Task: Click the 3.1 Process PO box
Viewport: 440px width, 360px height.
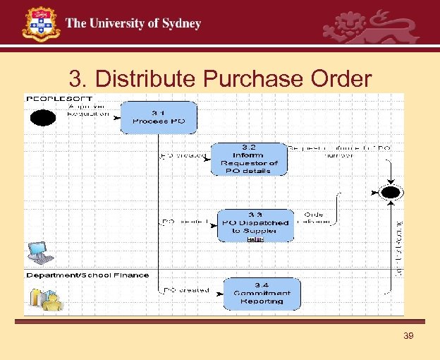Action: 159,117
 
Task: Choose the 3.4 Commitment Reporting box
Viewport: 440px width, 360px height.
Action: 262,293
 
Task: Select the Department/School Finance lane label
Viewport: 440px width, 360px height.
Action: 87,275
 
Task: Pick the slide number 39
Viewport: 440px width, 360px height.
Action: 408,336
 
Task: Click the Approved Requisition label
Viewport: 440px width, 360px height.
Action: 89,109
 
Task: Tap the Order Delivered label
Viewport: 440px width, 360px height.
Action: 314,217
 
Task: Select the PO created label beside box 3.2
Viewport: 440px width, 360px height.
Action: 183,155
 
